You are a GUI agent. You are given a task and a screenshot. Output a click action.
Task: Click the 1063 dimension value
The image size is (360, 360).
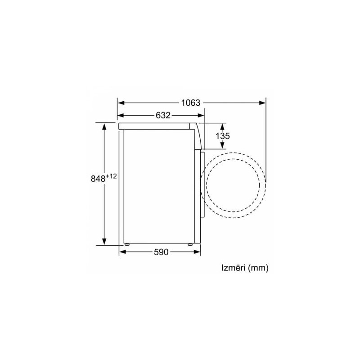(x=191, y=103)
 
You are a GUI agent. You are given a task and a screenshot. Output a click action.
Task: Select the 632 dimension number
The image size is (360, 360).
(x=163, y=115)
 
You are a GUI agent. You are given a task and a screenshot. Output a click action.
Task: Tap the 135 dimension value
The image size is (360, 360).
(x=222, y=136)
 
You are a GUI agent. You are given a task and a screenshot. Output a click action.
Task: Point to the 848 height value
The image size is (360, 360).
(x=98, y=179)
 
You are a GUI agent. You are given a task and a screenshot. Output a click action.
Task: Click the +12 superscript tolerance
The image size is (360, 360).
(x=111, y=176)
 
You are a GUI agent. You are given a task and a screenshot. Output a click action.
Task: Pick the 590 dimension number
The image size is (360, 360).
(x=161, y=252)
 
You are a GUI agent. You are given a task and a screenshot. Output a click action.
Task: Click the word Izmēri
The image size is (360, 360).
(x=234, y=268)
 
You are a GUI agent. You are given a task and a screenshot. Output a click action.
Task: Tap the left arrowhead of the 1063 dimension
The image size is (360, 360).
(x=121, y=103)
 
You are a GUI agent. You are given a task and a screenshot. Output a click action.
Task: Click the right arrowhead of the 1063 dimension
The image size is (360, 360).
(x=262, y=103)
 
